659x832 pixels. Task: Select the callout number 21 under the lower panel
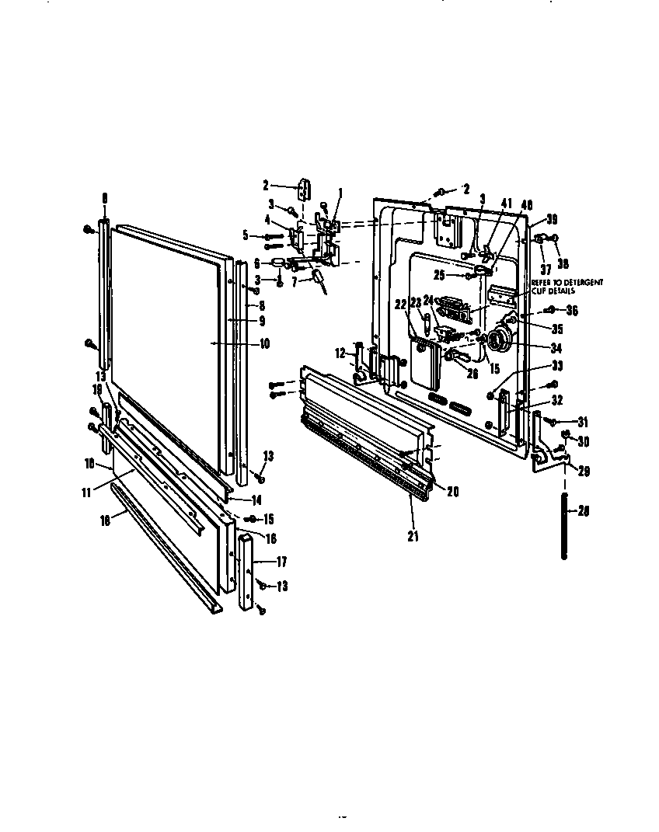point(413,536)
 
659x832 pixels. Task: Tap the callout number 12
point(340,353)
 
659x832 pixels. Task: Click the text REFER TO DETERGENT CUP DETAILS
point(567,287)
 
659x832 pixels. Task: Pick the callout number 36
point(573,311)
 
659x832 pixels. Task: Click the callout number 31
point(583,422)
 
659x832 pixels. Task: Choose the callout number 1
point(339,192)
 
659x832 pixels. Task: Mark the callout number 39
point(551,219)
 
